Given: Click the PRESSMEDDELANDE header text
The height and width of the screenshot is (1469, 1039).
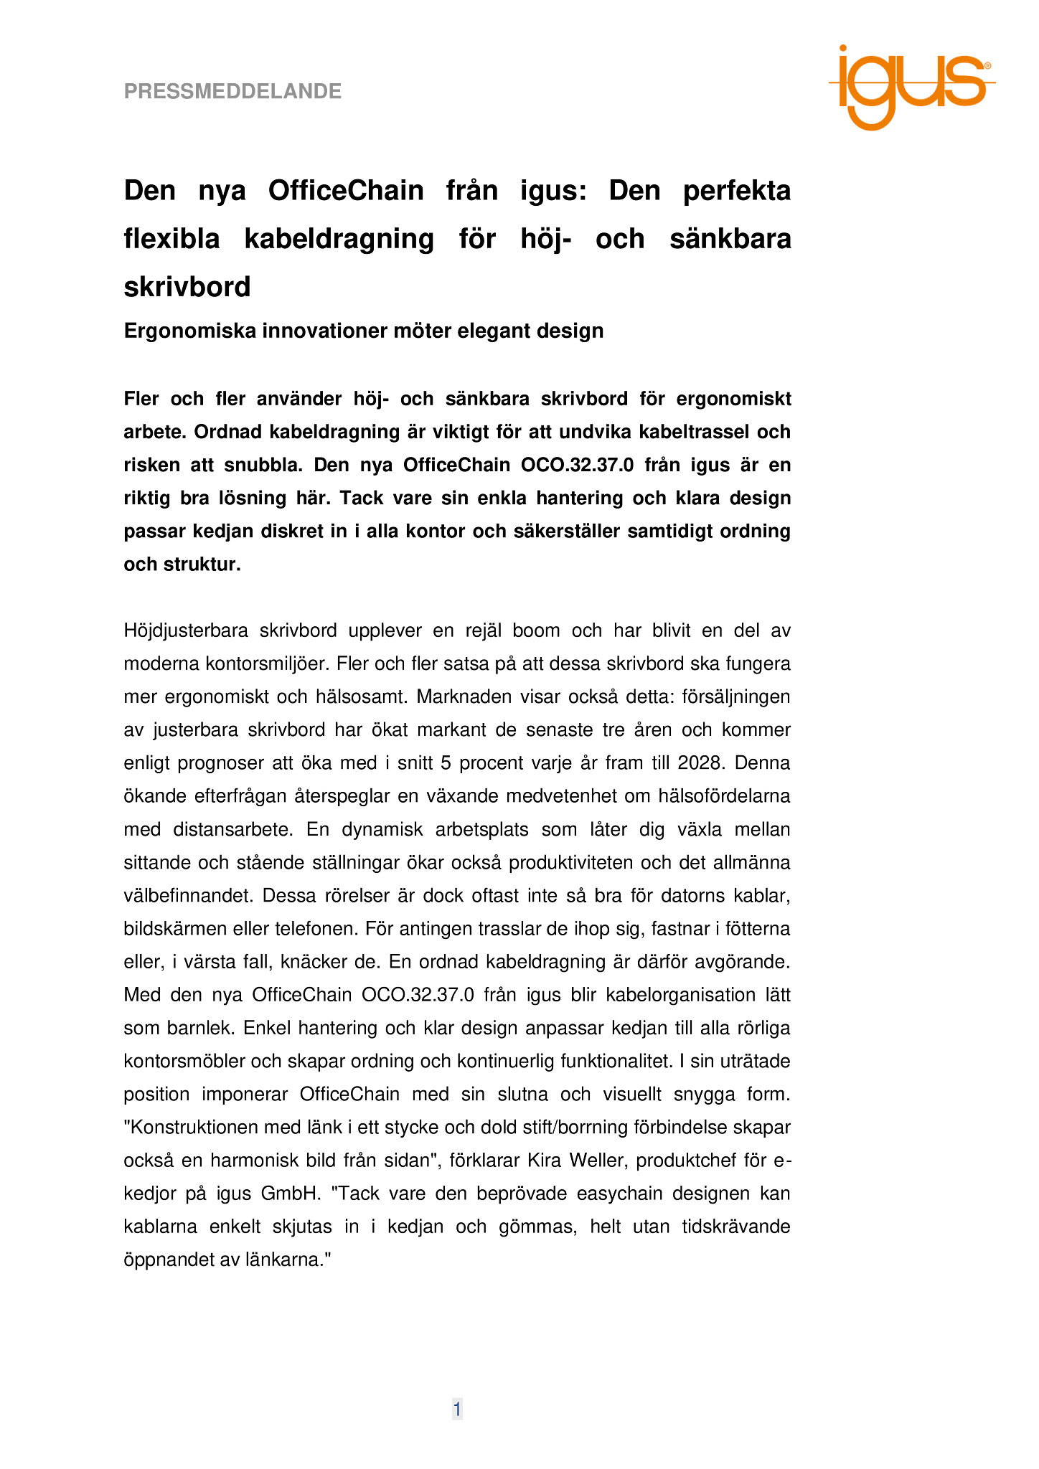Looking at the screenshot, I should (x=232, y=92).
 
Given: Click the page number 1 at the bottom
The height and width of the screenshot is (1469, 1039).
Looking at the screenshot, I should (x=457, y=1409).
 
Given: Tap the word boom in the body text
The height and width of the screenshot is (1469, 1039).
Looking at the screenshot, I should (x=535, y=630).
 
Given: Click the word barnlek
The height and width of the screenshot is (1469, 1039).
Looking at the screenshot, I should (x=200, y=1028).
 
